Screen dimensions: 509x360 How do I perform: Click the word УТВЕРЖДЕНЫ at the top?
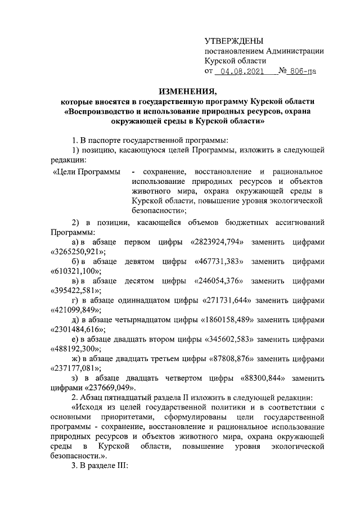(234, 40)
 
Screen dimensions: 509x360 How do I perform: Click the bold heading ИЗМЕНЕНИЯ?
(187, 91)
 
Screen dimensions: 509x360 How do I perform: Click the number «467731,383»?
(221, 262)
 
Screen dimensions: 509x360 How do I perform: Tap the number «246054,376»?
(221, 281)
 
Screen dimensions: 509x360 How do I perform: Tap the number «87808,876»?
(236, 358)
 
